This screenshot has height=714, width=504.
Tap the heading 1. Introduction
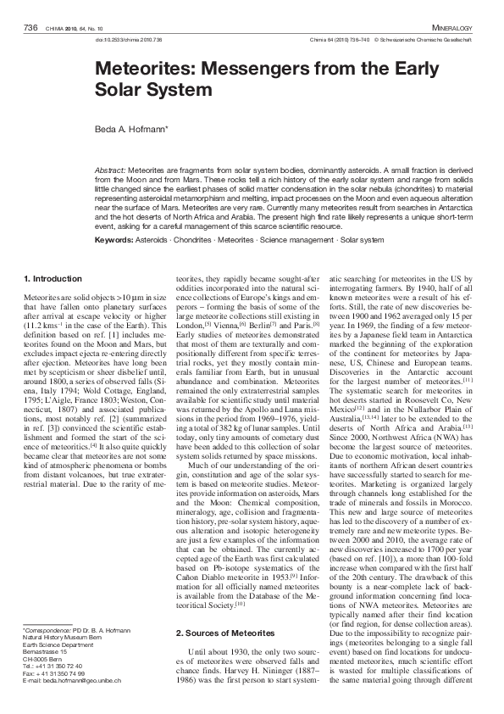tap(53, 278)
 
